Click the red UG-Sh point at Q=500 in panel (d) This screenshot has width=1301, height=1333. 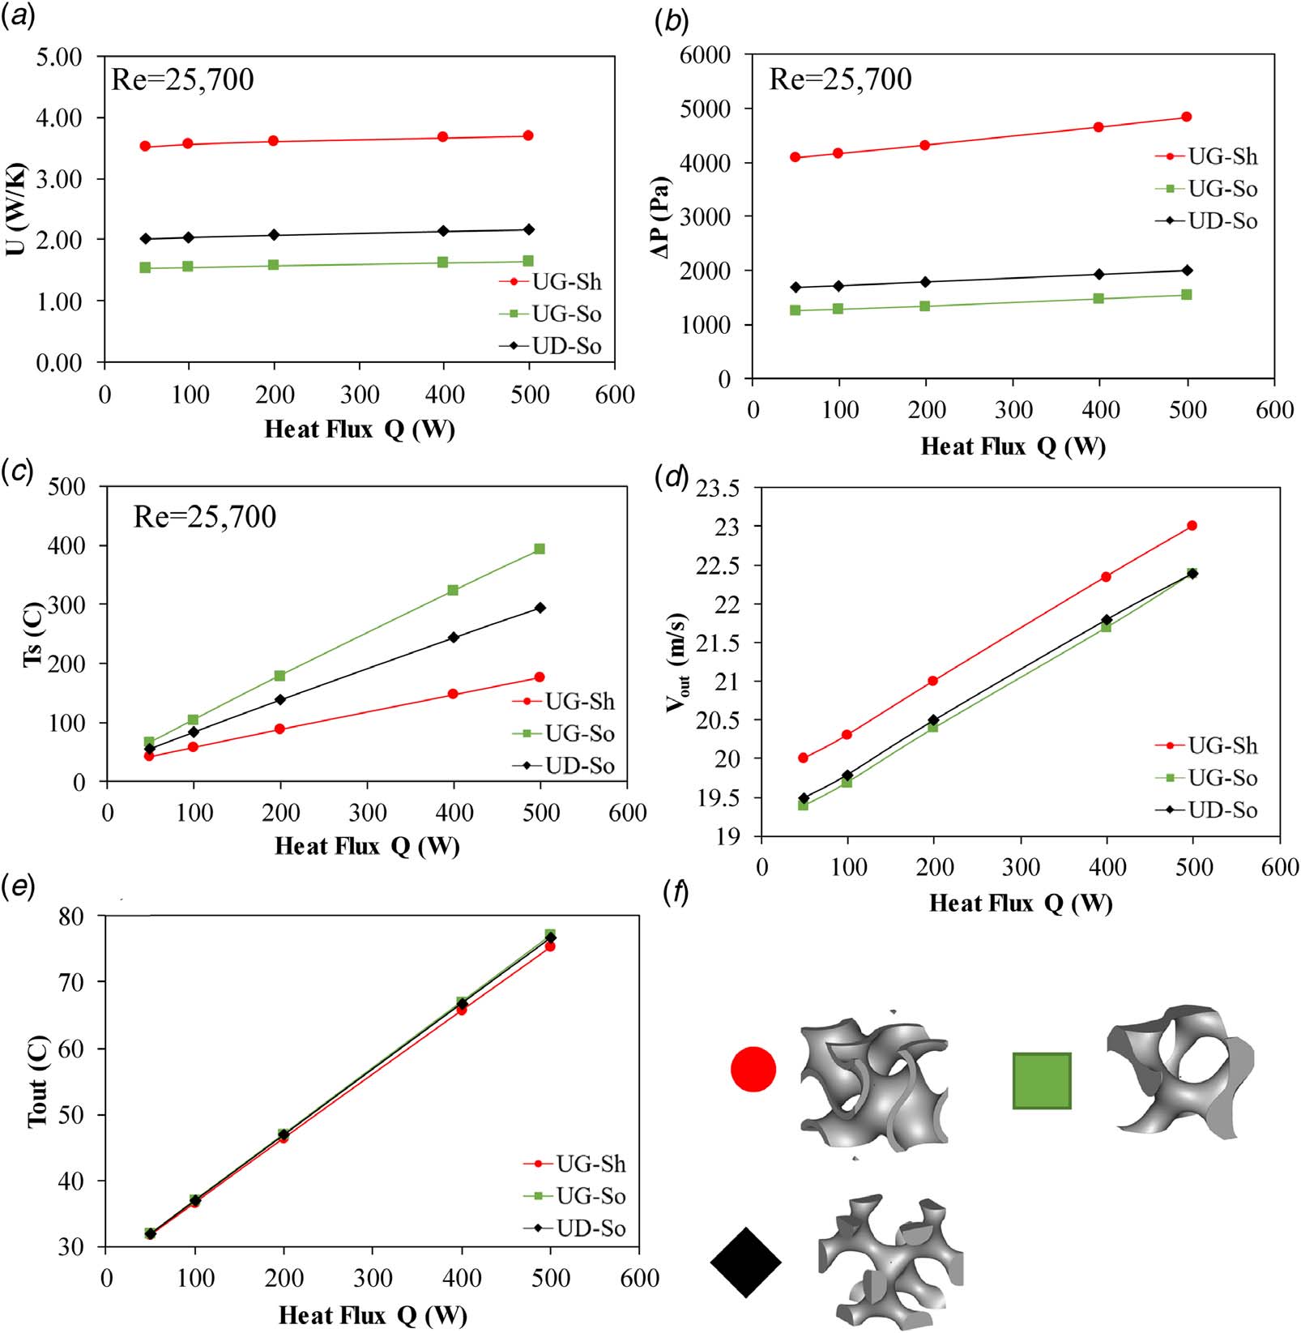tap(1192, 526)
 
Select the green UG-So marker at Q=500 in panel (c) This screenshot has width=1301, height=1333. tap(540, 549)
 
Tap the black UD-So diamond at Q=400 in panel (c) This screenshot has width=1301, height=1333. tap(454, 638)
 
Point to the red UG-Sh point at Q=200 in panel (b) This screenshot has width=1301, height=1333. tap(925, 145)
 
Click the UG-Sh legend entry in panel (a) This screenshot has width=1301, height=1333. tap(551, 282)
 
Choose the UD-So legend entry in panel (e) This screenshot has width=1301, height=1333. tap(574, 1228)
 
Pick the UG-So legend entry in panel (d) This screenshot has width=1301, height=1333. tap(1206, 778)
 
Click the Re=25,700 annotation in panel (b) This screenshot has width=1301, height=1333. tap(840, 79)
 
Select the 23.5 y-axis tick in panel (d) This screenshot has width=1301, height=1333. tap(719, 489)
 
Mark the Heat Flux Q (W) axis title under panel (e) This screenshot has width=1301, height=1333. tap(373, 1315)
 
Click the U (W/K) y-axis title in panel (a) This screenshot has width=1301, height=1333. tap(16, 210)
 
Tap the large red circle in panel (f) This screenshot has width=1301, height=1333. tap(753, 1069)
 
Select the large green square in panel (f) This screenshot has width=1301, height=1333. tap(1042, 1080)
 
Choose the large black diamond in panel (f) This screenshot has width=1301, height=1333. tap(746, 1263)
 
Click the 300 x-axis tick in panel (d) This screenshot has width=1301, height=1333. tap(1021, 868)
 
